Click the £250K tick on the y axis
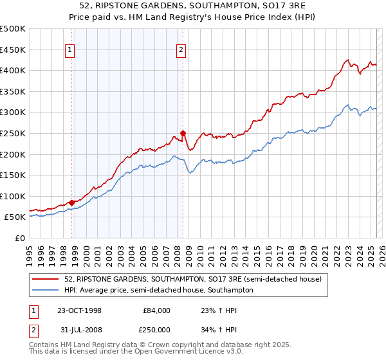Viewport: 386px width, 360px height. tap(14, 133)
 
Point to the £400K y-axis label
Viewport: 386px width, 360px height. tap(14, 71)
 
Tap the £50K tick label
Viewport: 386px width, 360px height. tap(16, 217)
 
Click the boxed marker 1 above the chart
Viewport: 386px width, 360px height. tap(69, 51)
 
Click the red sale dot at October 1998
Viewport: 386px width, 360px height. tap(71, 203)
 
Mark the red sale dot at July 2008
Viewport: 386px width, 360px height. tap(183, 134)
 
